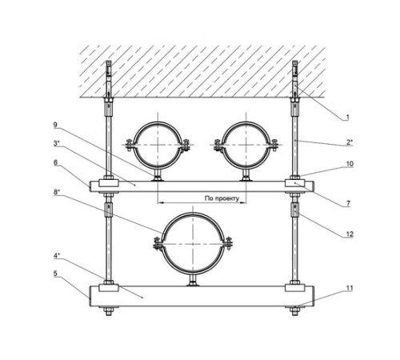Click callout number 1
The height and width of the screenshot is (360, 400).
[347, 117]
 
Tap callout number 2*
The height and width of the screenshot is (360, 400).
[350, 142]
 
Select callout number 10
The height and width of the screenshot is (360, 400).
[350, 163]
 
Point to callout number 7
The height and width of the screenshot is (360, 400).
[348, 204]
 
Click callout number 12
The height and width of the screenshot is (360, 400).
[350, 234]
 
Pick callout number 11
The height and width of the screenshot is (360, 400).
[350, 288]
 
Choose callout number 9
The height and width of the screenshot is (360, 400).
[55, 126]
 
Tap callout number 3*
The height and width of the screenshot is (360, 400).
[56, 143]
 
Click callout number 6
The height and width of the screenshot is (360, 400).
[55, 162]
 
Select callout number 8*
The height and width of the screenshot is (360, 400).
[56, 192]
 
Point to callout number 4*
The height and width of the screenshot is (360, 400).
[56, 256]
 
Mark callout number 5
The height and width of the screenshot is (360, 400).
[55, 274]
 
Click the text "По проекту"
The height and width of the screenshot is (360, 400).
[222, 198]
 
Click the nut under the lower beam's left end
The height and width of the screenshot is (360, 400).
[108, 311]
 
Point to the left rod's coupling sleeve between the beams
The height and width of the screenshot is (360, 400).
[108, 210]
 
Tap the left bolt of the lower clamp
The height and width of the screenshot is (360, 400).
[157, 244]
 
